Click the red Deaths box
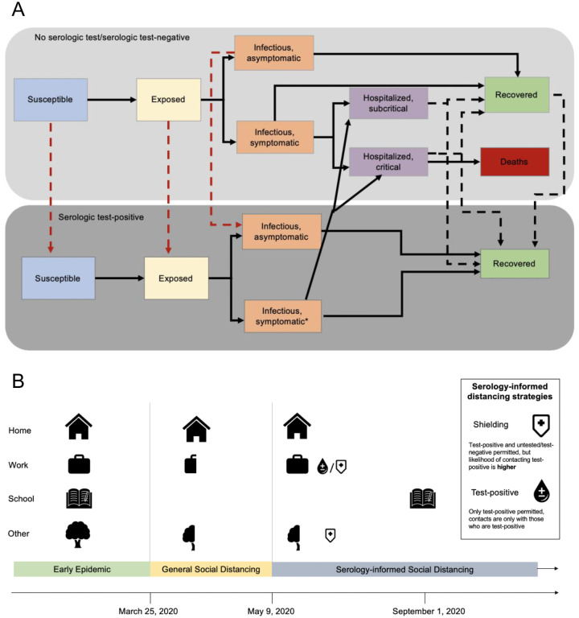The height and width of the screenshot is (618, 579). coord(515,162)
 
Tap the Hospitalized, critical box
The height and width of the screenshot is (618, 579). coord(384,161)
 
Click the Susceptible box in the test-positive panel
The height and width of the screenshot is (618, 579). coord(59,278)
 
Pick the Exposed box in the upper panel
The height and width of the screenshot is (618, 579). coord(170,100)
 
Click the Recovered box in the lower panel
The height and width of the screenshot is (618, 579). coord(515,262)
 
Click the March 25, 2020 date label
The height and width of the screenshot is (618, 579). coord(151,610)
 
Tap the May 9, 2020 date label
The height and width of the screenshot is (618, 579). coord(272,610)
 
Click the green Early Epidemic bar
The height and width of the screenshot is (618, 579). coord(81,570)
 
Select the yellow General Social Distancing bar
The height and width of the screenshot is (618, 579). coord(211,570)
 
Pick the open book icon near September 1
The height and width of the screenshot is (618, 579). coord(423,499)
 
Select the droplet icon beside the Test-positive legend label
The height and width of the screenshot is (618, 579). coord(543,490)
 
